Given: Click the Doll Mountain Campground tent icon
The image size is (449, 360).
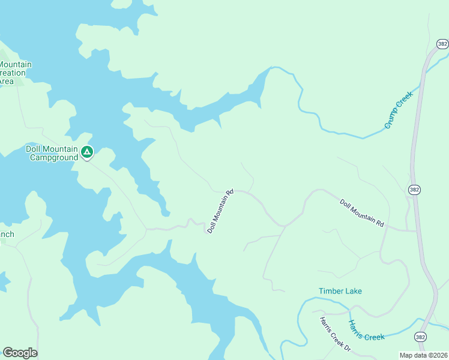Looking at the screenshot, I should pos(87,152).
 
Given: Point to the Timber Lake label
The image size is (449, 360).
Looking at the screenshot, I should pos(340,291).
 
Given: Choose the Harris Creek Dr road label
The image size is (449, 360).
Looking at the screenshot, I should pos(335,333).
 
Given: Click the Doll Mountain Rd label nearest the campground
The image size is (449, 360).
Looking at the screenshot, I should pos(220,211).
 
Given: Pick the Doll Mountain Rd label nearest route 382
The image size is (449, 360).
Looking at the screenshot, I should pos(361,213).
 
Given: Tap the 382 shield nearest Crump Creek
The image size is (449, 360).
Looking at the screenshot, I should pos(442,44).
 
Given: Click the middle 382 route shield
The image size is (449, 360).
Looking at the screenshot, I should pos(414,189).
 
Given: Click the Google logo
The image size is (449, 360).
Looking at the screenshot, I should pos(20,353).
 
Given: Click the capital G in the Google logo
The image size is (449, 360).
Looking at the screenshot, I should pos(7,353).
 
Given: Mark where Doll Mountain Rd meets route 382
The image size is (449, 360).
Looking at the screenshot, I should pos(416,230).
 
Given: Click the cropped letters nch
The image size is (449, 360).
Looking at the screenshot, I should pos(7,234).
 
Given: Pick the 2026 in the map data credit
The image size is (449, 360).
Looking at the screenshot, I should pos(439,355).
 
